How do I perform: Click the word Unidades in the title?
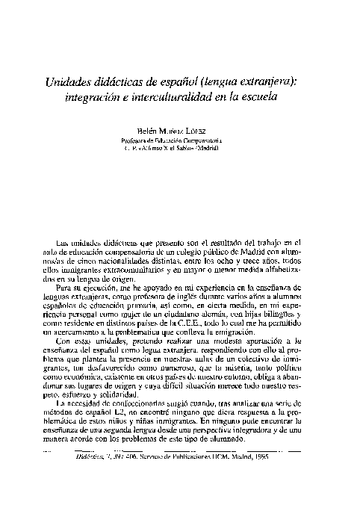tap(68, 82)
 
